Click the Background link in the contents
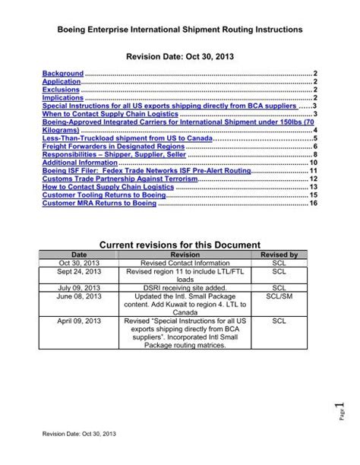point(62,73)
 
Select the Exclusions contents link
point(61,89)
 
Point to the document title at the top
point(181,28)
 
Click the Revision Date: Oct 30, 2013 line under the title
point(180,56)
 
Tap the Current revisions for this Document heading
point(180,244)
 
